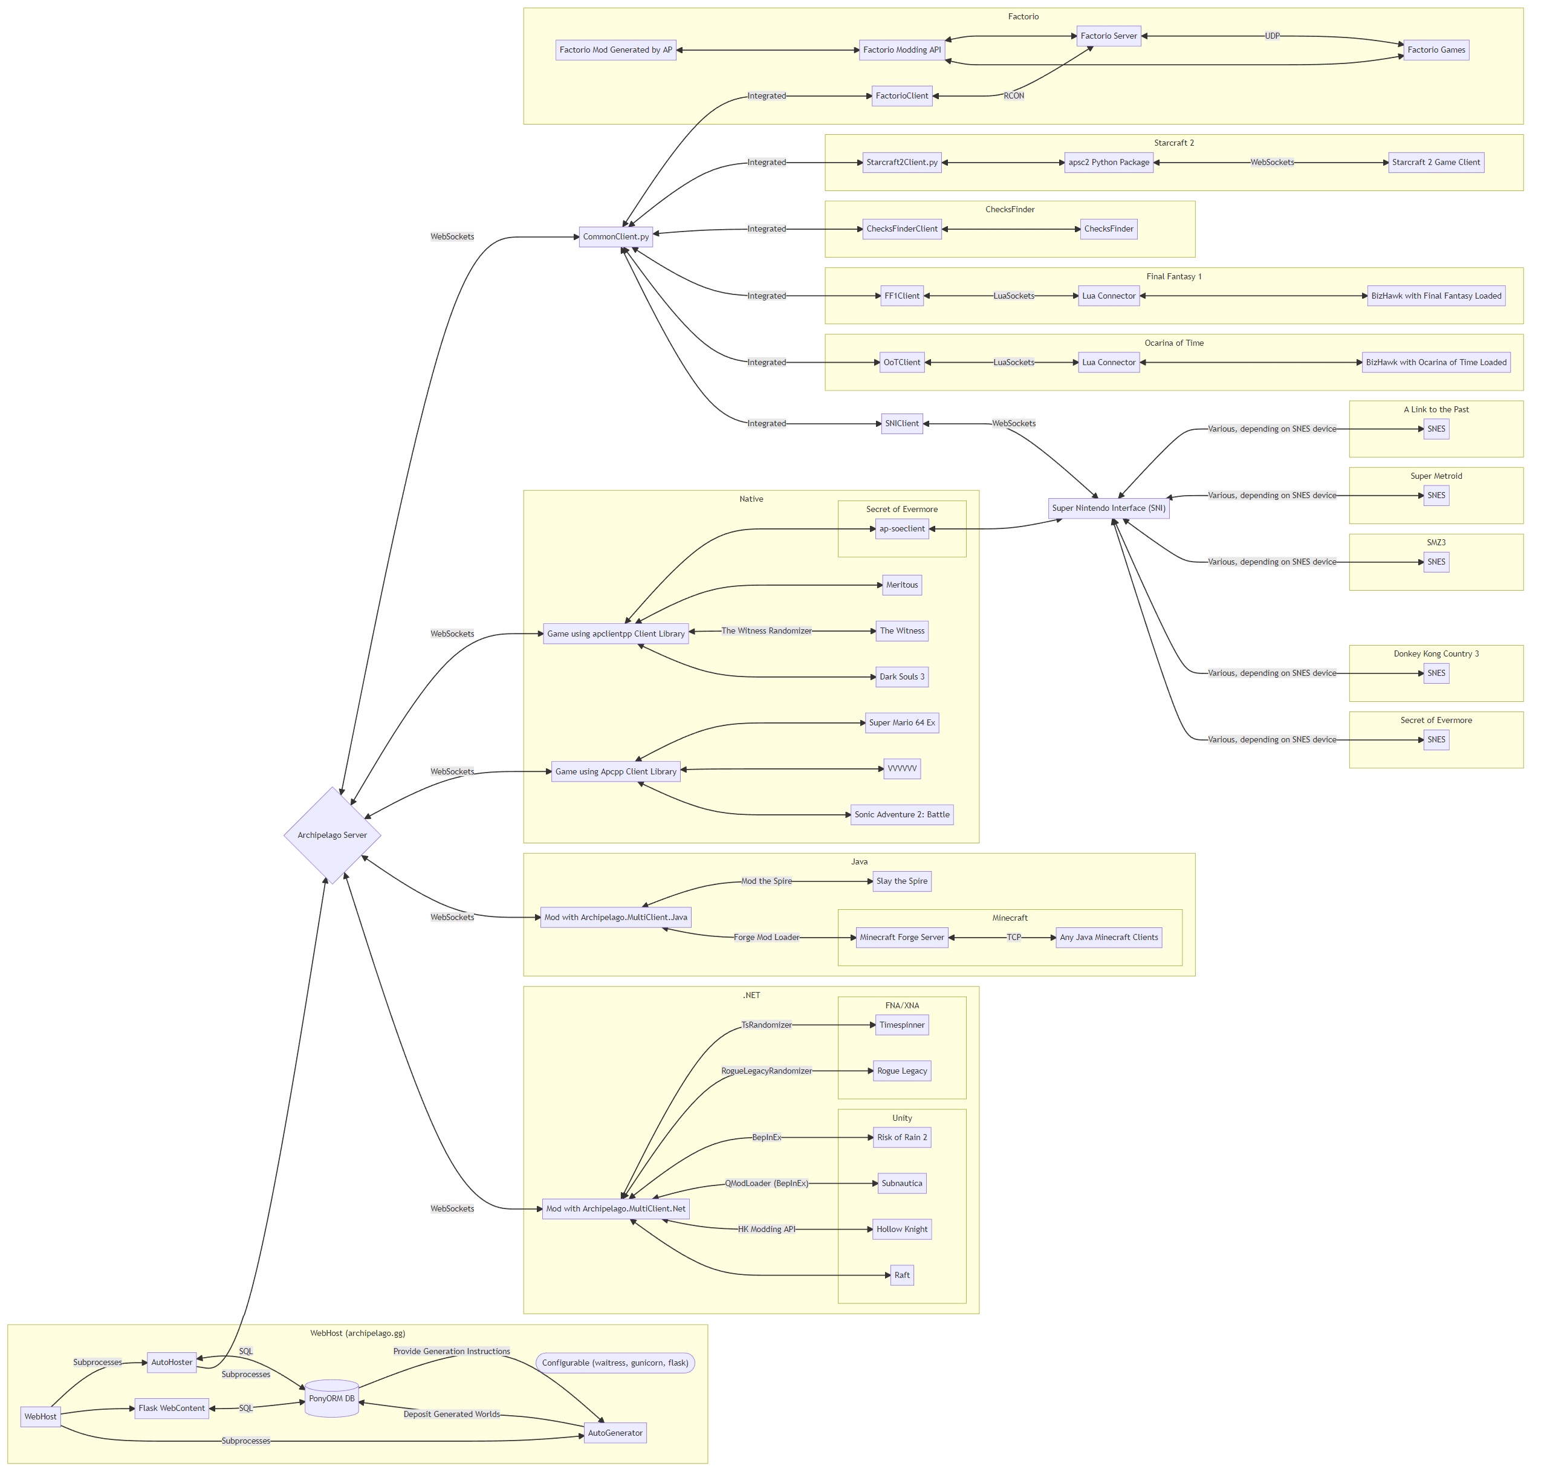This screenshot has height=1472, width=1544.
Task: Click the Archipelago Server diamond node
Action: click(x=332, y=835)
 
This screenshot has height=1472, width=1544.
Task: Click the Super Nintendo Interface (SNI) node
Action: click(x=1109, y=508)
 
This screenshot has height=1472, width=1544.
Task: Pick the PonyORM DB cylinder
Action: click(x=331, y=1398)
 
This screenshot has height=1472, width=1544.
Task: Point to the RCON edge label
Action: click(x=1014, y=96)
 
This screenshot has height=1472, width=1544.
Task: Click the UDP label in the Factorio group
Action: click(x=1272, y=36)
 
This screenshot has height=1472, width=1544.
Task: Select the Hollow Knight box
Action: click(x=901, y=1229)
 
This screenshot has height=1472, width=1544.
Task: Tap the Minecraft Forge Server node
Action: click(x=901, y=937)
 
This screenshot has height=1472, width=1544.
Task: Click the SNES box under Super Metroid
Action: click(x=1436, y=495)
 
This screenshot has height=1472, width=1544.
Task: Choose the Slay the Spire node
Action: click(x=901, y=881)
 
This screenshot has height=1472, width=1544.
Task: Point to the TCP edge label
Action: click(x=1014, y=937)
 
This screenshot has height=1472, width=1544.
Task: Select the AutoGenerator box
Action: click(x=615, y=1433)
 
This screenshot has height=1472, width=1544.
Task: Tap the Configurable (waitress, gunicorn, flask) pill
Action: click(x=615, y=1363)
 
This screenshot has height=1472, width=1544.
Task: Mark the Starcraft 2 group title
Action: click(x=1173, y=143)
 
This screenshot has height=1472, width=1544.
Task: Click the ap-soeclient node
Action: click(x=901, y=529)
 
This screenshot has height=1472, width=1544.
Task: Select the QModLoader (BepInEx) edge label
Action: click(x=766, y=1183)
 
